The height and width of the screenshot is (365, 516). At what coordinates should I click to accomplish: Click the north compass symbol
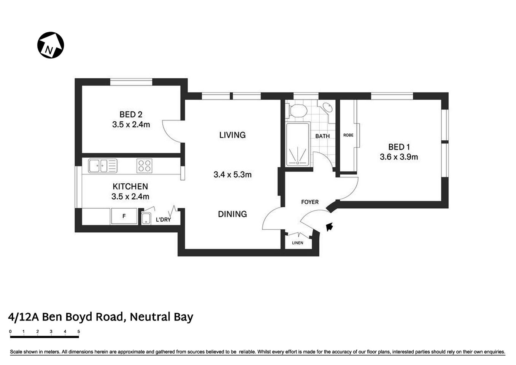(51, 45)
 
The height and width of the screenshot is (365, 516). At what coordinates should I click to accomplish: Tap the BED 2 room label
(131, 114)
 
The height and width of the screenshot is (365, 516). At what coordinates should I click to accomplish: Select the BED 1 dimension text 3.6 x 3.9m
(399, 157)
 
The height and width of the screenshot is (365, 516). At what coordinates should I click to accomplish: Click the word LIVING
(232, 135)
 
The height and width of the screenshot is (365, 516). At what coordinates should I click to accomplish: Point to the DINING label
(232, 214)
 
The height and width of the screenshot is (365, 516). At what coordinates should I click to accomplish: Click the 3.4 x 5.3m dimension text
(232, 175)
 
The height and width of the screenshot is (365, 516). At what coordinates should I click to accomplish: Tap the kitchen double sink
(103, 166)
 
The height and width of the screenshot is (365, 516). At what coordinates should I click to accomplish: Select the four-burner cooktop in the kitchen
(144, 166)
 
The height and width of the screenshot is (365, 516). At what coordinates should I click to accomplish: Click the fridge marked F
(124, 216)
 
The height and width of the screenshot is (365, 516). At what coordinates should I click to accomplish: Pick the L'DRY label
(164, 220)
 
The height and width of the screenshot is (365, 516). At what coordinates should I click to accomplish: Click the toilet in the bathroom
(298, 111)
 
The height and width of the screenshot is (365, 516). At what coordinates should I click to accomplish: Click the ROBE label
(348, 135)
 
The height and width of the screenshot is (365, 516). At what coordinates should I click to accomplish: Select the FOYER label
(310, 202)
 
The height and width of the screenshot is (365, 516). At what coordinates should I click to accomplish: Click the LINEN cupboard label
(298, 243)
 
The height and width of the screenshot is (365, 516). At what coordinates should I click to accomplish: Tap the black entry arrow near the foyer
(329, 227)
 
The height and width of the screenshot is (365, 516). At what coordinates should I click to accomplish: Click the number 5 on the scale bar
(79, 332)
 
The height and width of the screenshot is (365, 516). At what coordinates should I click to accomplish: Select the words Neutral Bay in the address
(162, 317)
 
